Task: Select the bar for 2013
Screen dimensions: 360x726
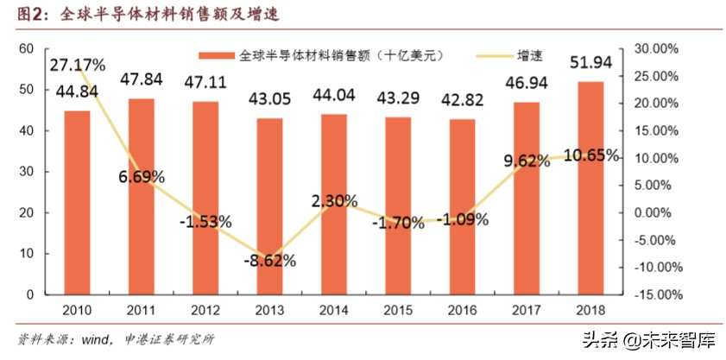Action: coord(269,206)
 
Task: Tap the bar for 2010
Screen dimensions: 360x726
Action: coord(77,203)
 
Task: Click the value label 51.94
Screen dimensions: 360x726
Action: coord(590,62)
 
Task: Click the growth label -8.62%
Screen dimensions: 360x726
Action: coord(269,259)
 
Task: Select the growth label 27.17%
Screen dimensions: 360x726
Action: coord(77,65)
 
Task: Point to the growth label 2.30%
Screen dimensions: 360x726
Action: coord(333,201)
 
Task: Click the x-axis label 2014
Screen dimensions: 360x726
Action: coord(333,310)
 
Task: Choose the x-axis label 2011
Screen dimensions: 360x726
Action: coord(141,310)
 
